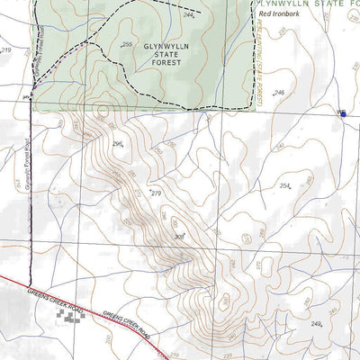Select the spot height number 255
126,45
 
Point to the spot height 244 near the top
188,15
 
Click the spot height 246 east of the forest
279,93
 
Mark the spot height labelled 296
118,143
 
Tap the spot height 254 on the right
285,186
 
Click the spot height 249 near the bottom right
316,324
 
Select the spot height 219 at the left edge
6,50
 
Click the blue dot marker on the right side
342,113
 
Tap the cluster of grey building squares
70,314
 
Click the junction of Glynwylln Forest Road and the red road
32,283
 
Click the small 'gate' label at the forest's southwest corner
27,90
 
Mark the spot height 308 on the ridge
178,237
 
